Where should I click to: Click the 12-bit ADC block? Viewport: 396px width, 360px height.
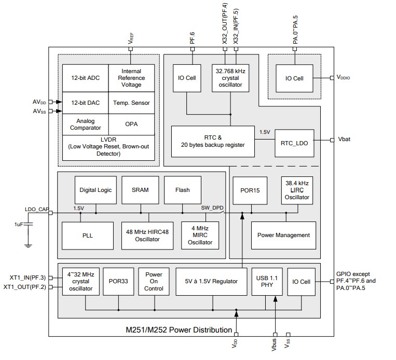point(85,78)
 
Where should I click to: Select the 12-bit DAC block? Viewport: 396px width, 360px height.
point(85,103)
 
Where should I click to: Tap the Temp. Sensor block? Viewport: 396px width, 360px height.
point(131,103)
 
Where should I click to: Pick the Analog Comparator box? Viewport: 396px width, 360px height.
point(85,124)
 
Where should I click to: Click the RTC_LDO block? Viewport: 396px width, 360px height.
point(294,142)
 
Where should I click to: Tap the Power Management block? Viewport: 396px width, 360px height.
point(283,235)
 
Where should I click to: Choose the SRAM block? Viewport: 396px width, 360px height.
point(140,190)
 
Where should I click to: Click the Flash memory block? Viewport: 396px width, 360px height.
point(182,190)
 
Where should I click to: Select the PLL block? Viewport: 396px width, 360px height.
point(88,235)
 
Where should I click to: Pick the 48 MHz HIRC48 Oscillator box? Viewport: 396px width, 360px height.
point(148,235)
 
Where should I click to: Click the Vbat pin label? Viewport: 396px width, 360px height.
point(345,140)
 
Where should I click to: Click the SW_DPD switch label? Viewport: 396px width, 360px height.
point(211,208)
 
